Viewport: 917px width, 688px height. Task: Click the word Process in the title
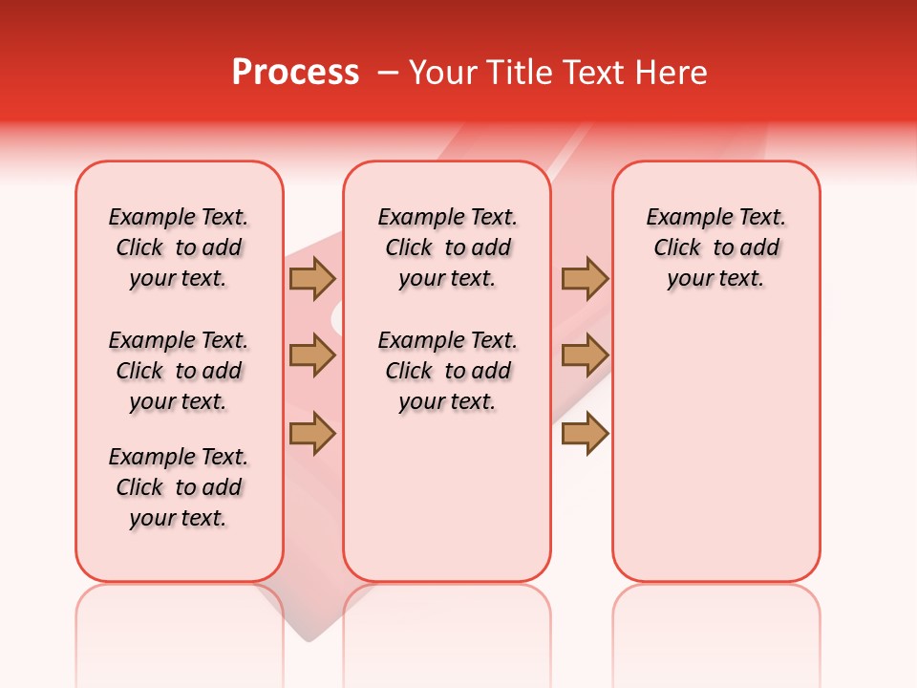tap(295, 73)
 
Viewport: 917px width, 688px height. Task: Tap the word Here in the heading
tap(673, 73)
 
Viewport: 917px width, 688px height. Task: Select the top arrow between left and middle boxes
tap(312, 278)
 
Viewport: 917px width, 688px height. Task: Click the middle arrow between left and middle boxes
tap(312, 355)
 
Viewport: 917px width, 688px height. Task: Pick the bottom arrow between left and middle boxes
tap(312, 433)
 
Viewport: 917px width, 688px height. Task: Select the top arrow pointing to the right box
tap(585, 278)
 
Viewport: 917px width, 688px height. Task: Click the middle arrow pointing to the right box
tap(585, 355)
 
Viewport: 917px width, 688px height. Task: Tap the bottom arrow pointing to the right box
tap(585, 433)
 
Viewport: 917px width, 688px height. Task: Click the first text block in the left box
tap(179, 247)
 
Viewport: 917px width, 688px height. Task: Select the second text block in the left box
tap(179, 371)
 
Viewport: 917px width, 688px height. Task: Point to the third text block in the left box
tap(179, 487)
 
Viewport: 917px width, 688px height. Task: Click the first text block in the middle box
tap(447, 247)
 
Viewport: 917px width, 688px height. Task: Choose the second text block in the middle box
tap(447, 371)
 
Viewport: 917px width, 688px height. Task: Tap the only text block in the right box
tap(715, 247)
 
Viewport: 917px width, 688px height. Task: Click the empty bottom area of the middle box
tap(447, 506)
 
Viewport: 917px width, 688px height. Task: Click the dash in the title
tap(388, 73)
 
